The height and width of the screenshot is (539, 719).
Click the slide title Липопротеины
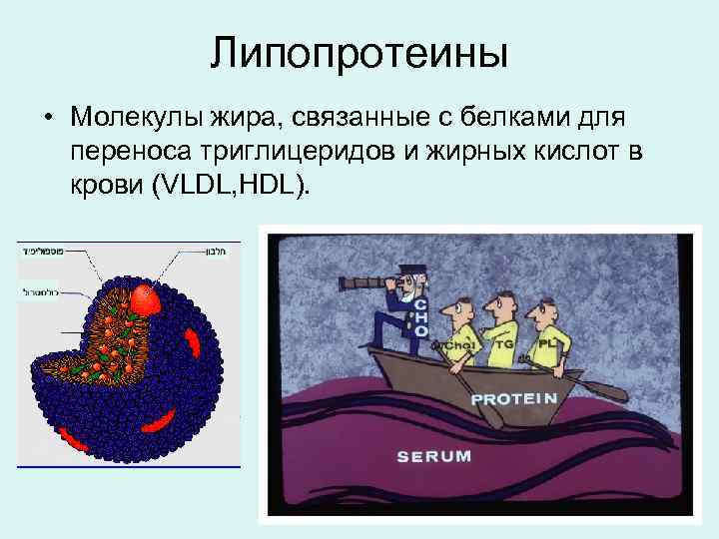click(x=359, y=53)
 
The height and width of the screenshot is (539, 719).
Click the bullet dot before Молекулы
click(x=47, y=120)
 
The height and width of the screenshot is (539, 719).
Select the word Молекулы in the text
click(x=135, y=120)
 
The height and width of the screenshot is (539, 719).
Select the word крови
click(x=106, y=187)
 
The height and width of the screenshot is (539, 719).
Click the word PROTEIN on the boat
click(x=513, y=398)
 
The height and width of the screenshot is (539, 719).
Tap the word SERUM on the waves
click(x=433, y=456)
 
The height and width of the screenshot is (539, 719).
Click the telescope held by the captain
click(x=364, y=282)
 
